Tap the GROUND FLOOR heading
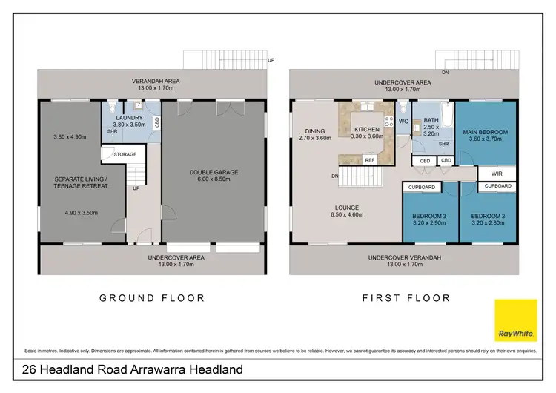152,298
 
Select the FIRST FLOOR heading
406,298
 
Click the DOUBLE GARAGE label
214,172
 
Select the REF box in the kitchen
369,160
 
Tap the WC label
403,121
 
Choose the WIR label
487,174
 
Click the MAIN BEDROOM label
486,132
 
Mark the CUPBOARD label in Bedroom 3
422,187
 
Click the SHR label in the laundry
113,132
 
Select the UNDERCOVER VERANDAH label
404,257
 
